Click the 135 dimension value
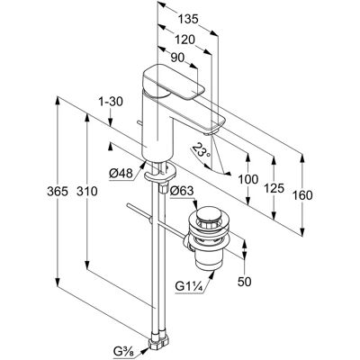(x=188, y=20)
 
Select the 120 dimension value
(x=184, y=40)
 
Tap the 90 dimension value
(x=177, y=58)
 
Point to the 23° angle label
(x=201, y=151)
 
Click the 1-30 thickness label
(x=111, y=102)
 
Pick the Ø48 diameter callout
(x=121, y=174)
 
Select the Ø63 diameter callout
(x=182, y=191)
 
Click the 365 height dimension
(x=58, y=191)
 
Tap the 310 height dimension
(x=87, y=191)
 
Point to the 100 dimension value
(x=248, y=179)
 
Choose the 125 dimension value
(x=274, y=188)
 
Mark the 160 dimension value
(x=302, y=195)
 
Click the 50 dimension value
(x=245, y=282)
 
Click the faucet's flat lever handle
(x=174, y=82)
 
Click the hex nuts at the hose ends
(x=158, y=343)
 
